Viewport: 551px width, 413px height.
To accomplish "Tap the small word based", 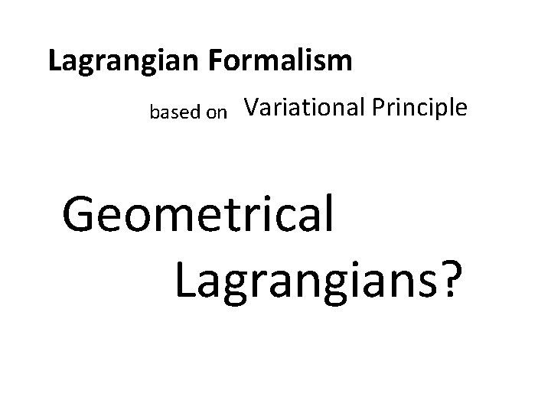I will [x=175, y=113].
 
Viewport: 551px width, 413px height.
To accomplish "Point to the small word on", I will [x=217, y=114].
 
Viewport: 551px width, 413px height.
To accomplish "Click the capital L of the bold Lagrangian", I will [x=54, y=61].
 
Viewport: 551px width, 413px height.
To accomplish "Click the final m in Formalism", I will [x=341, y=63].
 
